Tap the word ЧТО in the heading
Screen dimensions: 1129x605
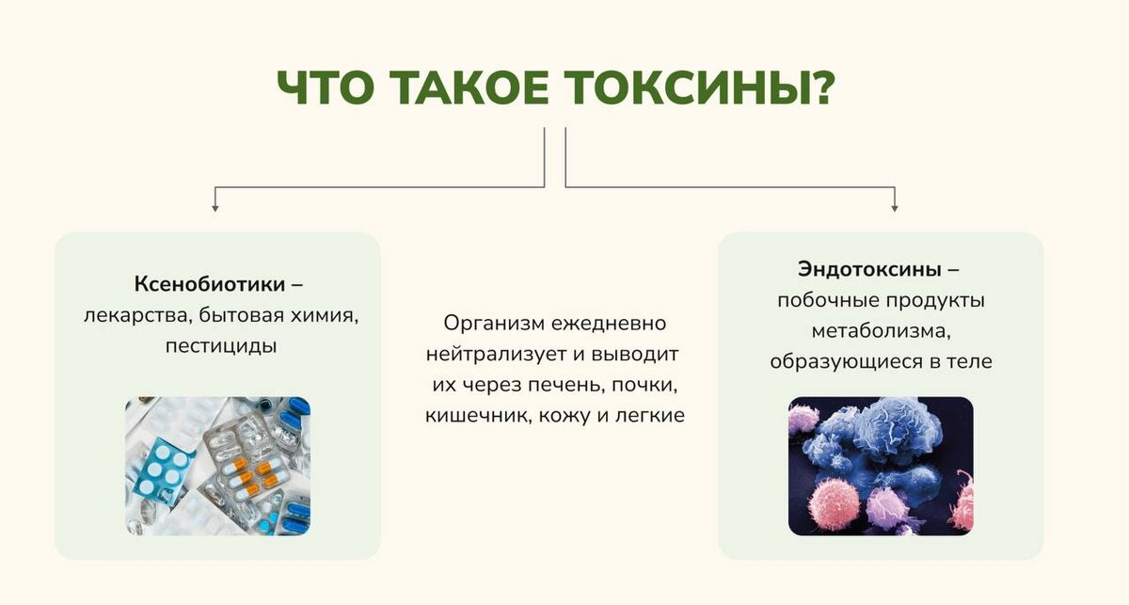(x=326, y=88)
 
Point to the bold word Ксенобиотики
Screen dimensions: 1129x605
(x=210, y=284)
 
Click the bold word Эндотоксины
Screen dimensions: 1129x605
(x=869, y=270)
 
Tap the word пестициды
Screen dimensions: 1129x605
(x=221, y=346)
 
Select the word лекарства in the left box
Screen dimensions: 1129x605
(x=136, y=316)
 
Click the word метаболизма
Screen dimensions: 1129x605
(x=881, y=332)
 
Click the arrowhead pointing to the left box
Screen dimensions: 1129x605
(x=215, y=208)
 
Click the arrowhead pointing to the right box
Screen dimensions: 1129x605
(x=895, y=208)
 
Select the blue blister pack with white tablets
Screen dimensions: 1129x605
(x=162, y=470)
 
